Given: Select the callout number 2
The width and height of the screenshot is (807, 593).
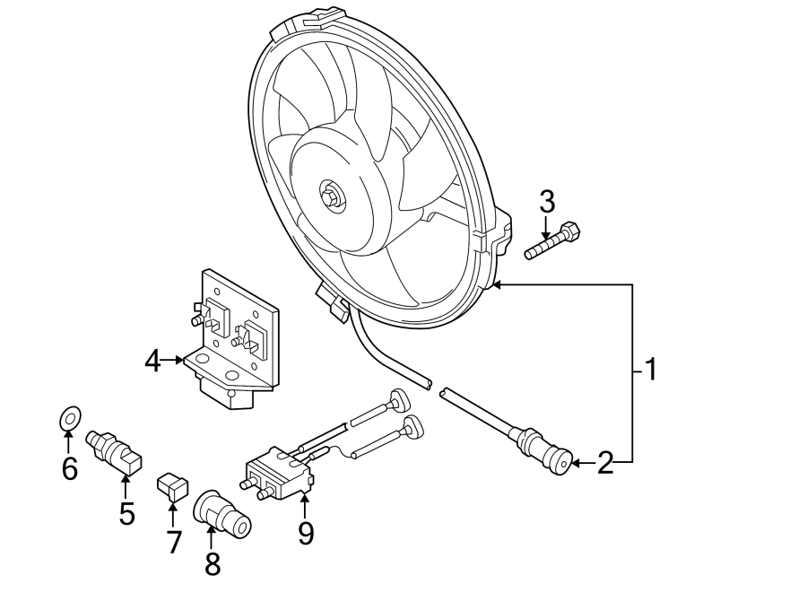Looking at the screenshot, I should (606, 463).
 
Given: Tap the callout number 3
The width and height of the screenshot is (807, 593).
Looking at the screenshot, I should (547, 202).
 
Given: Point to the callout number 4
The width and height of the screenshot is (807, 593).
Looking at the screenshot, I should (153, 361).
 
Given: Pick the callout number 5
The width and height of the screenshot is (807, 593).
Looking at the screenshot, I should (126, 513).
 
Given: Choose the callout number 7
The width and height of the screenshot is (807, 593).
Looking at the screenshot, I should (174, 541).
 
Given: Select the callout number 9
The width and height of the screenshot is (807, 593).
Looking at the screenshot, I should (306, 534).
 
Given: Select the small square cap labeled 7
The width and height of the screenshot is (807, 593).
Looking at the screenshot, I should (172, 486).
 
